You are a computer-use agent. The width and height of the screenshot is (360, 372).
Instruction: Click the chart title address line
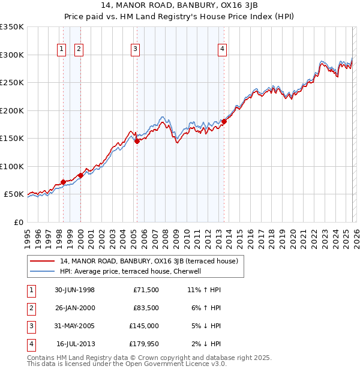(x=179, y=7)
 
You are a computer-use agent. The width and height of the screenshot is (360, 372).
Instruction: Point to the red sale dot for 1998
(x=64, y=182)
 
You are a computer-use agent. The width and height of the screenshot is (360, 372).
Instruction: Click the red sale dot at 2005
(x=137, y=141)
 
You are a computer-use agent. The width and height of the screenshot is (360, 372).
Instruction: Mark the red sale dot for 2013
(x=224, y=121)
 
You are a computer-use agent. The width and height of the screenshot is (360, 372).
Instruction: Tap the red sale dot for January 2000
(x=80, y=175)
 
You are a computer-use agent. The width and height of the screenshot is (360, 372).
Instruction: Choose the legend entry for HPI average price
(x=134, y=271)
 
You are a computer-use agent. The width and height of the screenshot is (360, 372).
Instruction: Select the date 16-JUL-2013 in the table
(x=76, y=344)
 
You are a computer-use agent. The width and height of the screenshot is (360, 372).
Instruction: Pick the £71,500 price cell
(x=146, y=290)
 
